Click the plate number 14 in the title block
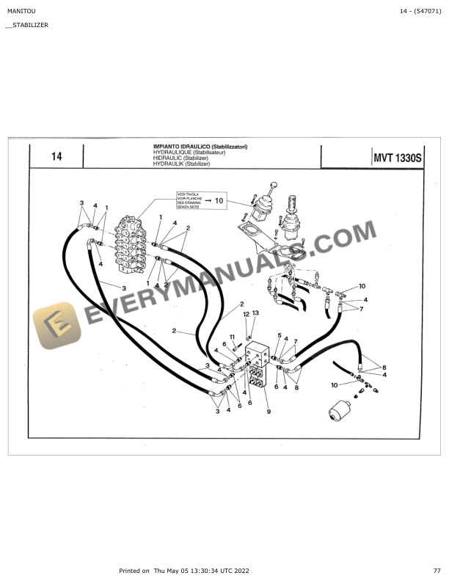tap(56, 157)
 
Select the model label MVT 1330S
tap(396, 157)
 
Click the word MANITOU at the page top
tap(20, 11)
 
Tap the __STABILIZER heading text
tap(26, 25)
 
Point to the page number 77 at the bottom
tap(437, 570)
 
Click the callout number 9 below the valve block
tap(269, 412)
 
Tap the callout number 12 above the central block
tap(247, 314)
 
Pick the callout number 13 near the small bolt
tap(255, 313)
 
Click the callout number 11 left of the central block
tap(232, 337)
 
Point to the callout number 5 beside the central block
tap(279, 335)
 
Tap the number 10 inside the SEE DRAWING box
tap(219, 200)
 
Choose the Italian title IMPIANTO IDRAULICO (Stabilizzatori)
tap(200, 147)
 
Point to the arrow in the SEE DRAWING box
tap(208, 200)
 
